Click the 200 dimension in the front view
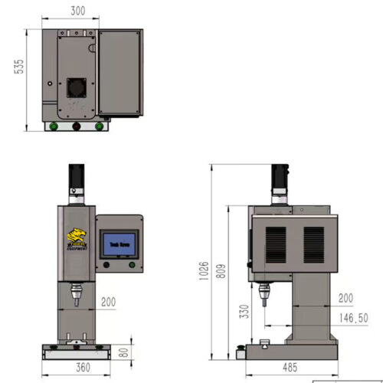point(108,303)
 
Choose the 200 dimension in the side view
point(345,297)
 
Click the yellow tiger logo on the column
point(76,238)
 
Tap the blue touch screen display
point(119,242)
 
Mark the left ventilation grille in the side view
point(276,244)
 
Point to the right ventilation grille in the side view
point(314,244)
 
